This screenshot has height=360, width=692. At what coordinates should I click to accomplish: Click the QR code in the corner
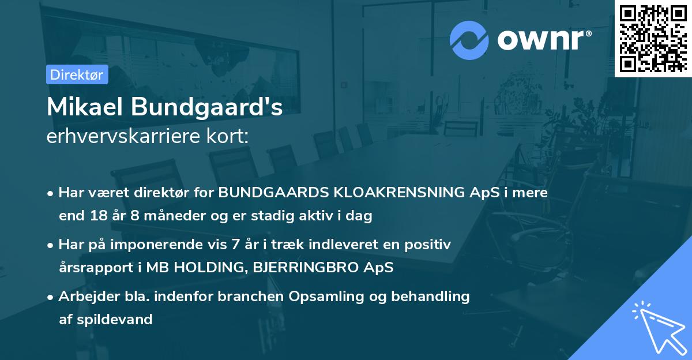653,38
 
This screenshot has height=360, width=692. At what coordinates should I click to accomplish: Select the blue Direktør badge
77,74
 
